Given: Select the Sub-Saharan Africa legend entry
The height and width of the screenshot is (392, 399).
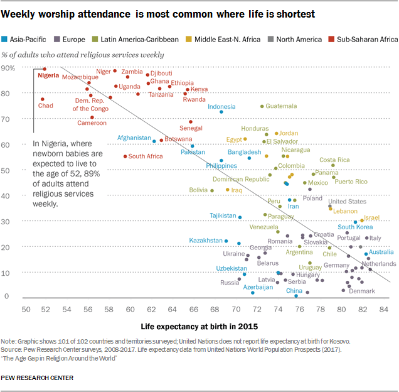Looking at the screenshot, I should coord(366,39).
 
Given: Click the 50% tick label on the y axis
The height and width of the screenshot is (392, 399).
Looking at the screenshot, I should coord(9,170).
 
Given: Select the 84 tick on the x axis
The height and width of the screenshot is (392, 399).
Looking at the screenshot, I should coord(385,309).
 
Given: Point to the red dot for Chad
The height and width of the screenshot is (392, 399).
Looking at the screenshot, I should coord(43,99).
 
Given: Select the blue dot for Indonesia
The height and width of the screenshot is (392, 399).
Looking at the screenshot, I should coord(221,112).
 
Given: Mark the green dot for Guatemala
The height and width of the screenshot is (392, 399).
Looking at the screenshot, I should coord(262,106).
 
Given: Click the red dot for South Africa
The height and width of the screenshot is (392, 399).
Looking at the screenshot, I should coord(125,156).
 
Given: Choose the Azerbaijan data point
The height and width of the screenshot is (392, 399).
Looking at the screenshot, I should coord(253,293).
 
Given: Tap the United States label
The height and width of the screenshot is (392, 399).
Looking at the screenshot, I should coord(347,201).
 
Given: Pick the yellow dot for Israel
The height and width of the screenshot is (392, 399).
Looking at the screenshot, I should coord(362,220).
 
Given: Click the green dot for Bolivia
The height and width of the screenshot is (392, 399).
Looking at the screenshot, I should coord(212,190).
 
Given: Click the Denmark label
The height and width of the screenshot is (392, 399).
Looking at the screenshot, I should coord(361,291).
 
